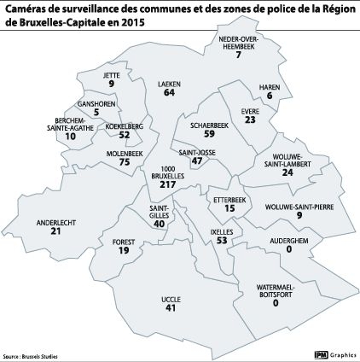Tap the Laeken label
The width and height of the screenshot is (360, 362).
pos(169,85)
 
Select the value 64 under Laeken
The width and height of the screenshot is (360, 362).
pos(169,93)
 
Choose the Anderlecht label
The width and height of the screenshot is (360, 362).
pos(56,222)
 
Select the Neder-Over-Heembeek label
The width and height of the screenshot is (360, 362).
pos(238,44)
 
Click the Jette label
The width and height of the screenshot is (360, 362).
pos(111,74)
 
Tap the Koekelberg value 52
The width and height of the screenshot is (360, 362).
pos(125,135)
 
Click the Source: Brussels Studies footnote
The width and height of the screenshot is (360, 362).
pos(30,356)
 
